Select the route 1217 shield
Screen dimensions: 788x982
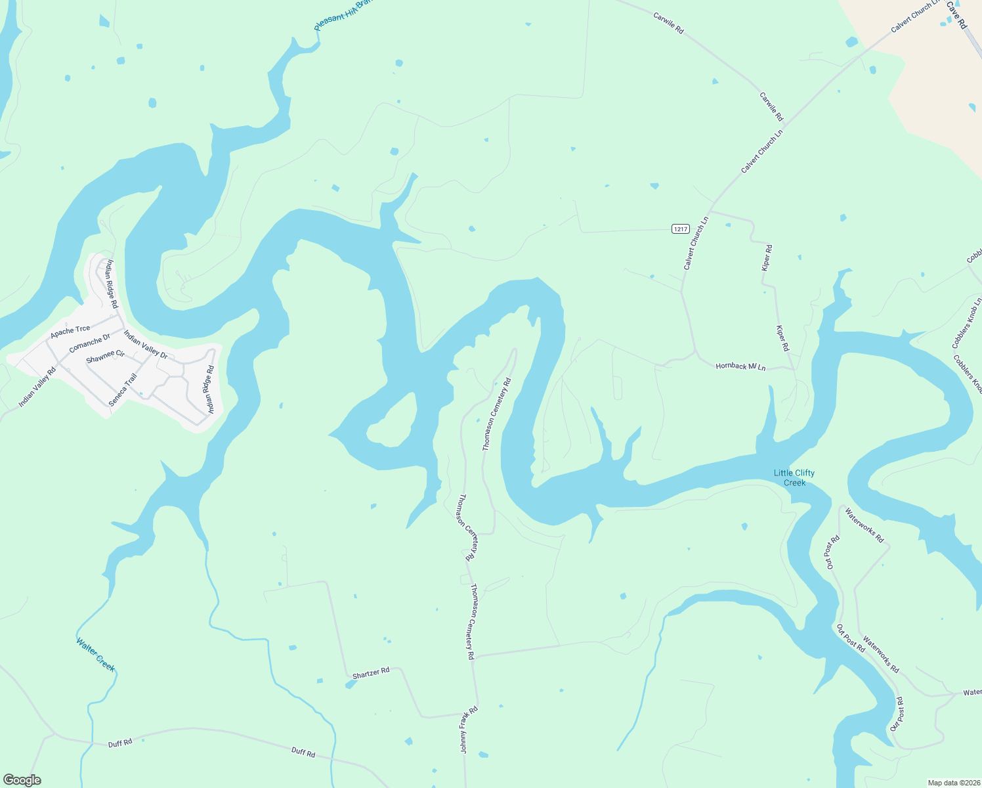(681, 229)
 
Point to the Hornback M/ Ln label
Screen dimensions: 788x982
(740, 366)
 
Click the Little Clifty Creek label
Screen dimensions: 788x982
(794, 477)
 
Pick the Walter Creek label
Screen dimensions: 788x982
(96, 655)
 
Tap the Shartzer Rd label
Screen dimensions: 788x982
(371, 672)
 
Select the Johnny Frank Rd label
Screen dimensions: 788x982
(468, 730)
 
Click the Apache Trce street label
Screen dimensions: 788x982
(70, 332)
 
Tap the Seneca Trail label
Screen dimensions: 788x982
(123, 389)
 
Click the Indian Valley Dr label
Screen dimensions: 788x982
(146, 345)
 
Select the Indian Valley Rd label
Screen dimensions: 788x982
(37, 387)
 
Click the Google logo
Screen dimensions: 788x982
(22, 780)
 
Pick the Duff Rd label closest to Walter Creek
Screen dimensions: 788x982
(120, 743)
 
